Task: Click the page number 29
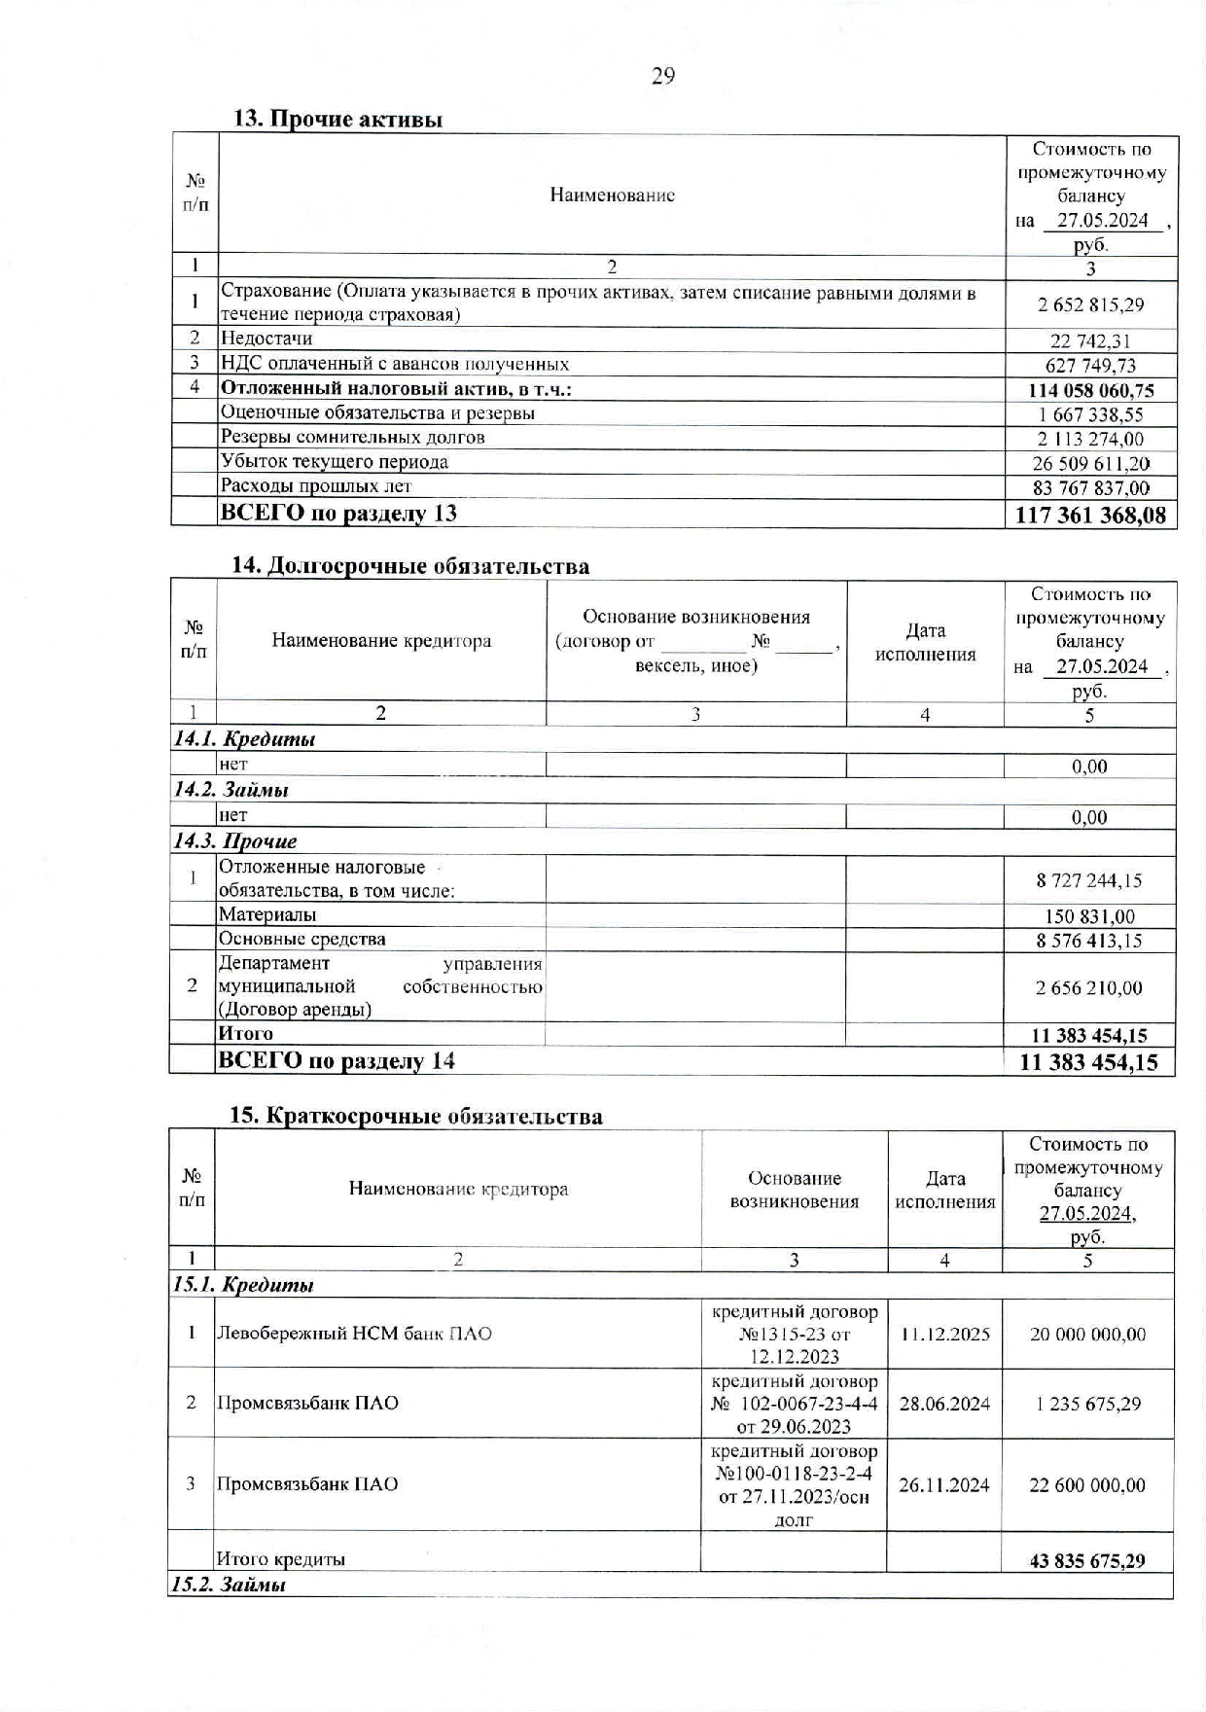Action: tap(662, 76)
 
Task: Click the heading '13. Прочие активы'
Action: tap(337, 119)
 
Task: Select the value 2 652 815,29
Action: tap(1090, 304)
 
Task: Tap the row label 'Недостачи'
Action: tap(266, 339)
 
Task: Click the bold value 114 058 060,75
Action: tap(1091, 390)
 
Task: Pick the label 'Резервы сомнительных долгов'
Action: tap(352, 437)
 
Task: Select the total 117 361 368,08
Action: tap(1090, 515)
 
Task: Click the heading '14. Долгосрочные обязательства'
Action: tap(409, 565)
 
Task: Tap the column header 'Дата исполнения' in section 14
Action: tap(925, 642)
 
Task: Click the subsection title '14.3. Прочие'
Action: tap(235, 840)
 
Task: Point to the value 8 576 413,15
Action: tap(1089, 941)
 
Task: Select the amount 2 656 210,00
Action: tap(1089, 987)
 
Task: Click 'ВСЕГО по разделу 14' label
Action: tap(336, 1060)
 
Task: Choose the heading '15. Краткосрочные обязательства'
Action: tap(415, 1116)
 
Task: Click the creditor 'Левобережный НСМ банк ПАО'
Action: tap(354, 1333)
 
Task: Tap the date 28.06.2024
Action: tap(944, 1404)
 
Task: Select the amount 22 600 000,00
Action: tap(1087, 1485)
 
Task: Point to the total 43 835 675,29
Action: tap(1087, 1561)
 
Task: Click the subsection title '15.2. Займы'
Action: tap(229, 1585)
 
